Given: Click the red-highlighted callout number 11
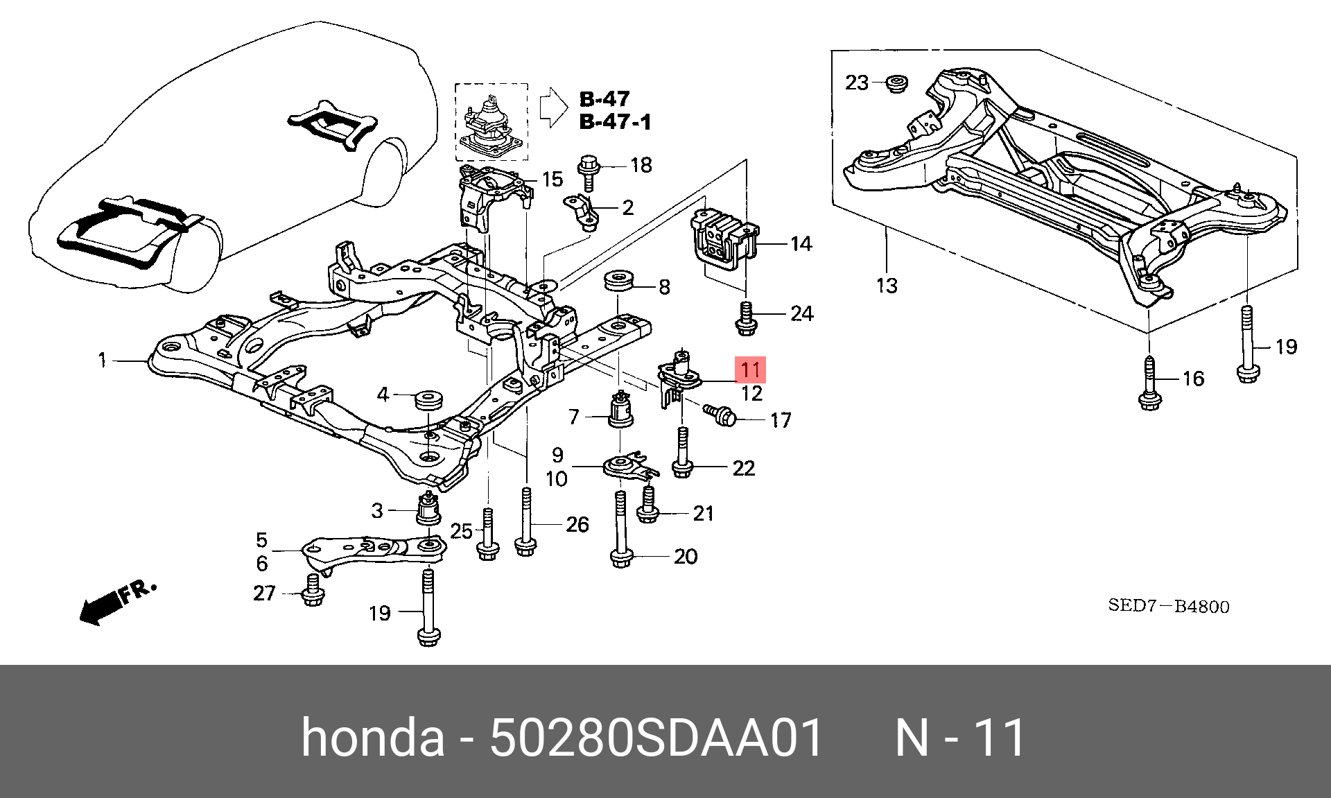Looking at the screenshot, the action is pos(750,369).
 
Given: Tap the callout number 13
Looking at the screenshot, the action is pos(887,285).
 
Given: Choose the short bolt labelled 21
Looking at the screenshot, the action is pos(647,504).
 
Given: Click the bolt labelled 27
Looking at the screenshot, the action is pos(311,589).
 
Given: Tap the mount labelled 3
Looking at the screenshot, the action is pos(429,510).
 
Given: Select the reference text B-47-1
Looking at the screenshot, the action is pos(615,123).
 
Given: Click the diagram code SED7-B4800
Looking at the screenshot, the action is pos(1168,606).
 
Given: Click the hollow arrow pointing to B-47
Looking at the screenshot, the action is pos(553,107).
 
